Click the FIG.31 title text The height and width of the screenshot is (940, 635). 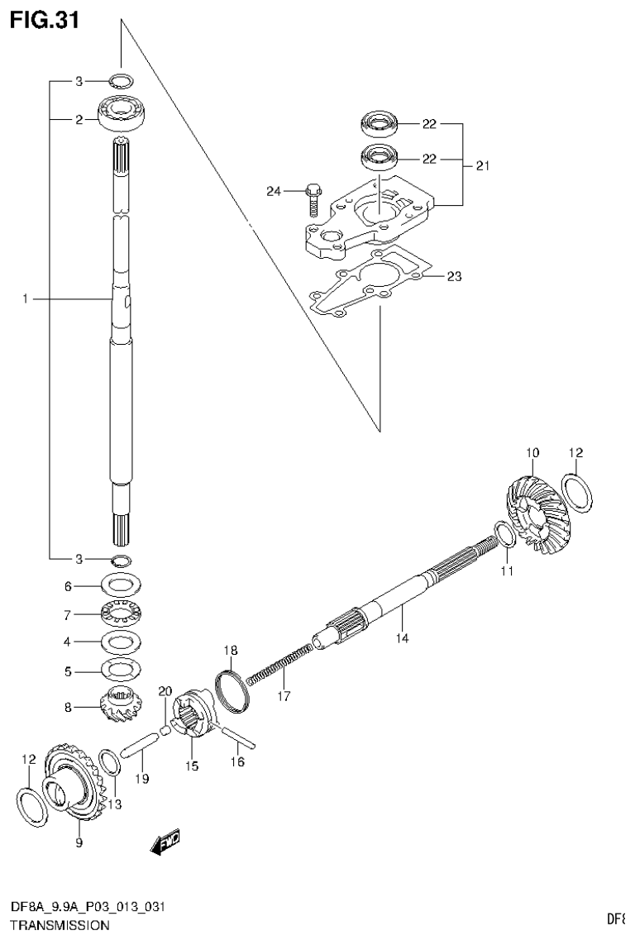click(45, 20)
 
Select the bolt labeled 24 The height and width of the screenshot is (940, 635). click(313, 196)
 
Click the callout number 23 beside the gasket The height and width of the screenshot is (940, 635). click(453, 276)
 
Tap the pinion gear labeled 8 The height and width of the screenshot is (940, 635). click(122, 707)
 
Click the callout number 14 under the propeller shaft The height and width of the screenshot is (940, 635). click(401, 637)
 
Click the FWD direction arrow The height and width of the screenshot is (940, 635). click(165, 841)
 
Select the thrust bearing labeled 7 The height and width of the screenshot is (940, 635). click(122, 614)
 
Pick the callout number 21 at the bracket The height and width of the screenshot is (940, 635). click(482, 166)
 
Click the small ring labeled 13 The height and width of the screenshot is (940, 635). click(108, 761)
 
